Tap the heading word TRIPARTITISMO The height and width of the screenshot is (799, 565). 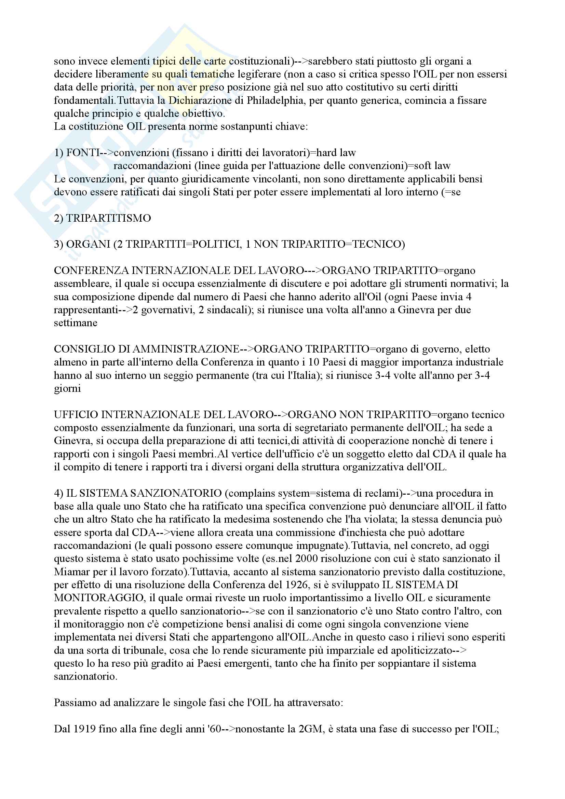[x=108, y=218]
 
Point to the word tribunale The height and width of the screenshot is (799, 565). [x=130, y=650]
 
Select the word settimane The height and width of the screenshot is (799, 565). [x=76, y=323]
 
